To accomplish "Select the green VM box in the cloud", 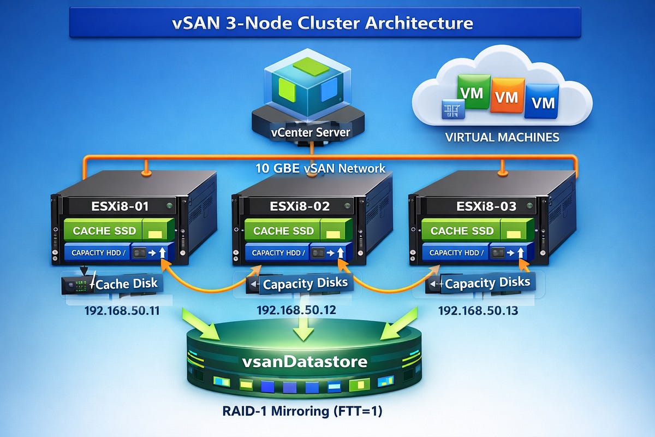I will click(x=472, y=93).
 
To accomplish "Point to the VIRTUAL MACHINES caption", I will click(x=502, y=137).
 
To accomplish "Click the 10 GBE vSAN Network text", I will click(x=321, y=168).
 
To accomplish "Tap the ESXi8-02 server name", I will click(x=299, y=207).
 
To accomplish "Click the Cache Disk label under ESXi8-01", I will click(x=127, y=283).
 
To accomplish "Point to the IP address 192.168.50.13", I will click(x=478, y=311).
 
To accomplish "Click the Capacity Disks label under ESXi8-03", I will click(x=487, y=282).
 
